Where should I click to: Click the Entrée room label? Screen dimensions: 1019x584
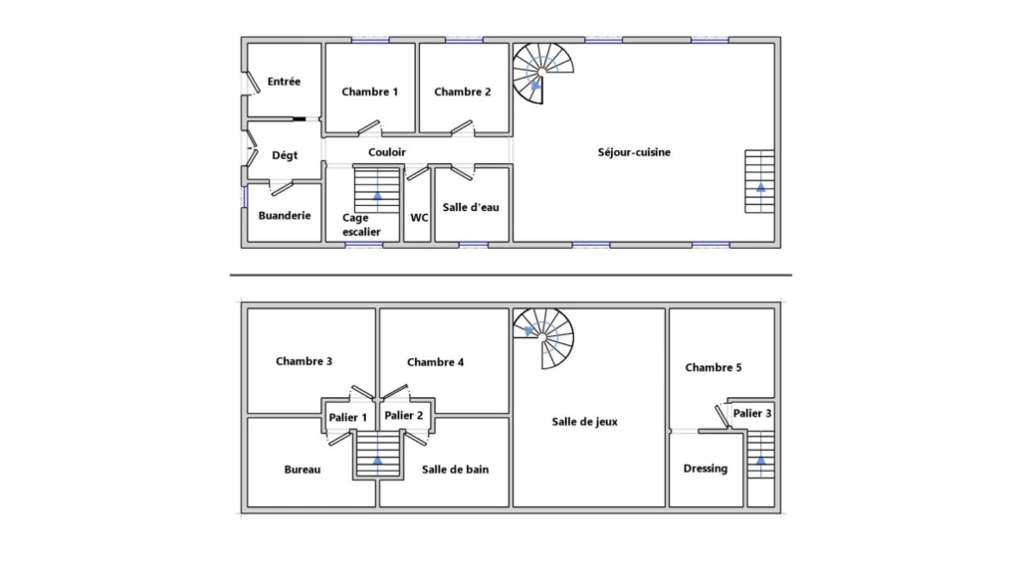284,82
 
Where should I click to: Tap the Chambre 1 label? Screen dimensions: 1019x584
370,93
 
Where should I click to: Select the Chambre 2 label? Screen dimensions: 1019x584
463,93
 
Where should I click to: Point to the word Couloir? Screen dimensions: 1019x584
387,152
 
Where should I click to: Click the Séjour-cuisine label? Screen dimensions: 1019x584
634,152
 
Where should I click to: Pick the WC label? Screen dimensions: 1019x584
419,218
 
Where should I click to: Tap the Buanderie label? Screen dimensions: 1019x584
285,216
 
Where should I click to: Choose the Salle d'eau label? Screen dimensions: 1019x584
471,207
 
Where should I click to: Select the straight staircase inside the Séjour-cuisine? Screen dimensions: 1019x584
759,181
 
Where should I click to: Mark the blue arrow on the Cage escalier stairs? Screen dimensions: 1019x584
377,194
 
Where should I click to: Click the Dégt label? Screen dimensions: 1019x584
285,155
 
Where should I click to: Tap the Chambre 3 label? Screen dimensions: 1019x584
305,361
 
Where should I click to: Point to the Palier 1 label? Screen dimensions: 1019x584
347,418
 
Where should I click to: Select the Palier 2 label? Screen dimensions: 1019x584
404,416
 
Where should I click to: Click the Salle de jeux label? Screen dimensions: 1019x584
585,422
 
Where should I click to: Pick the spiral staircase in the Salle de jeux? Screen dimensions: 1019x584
543,338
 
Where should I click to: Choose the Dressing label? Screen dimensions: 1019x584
706,469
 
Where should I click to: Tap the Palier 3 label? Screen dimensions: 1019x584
752,413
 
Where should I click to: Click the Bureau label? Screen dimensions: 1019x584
303,470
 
